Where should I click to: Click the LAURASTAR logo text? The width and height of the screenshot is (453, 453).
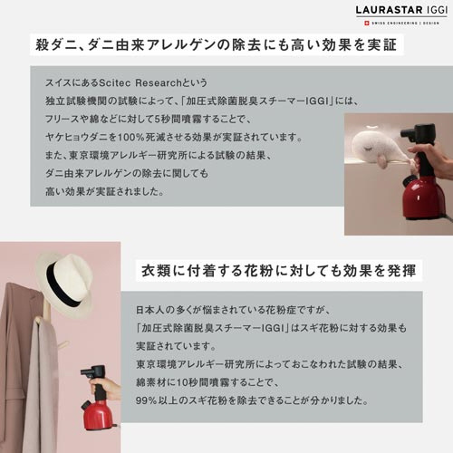tap(390, 10)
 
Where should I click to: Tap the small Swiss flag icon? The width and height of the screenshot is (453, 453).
tap(367, 23)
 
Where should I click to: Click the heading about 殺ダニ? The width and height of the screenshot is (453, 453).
tap(217, 44)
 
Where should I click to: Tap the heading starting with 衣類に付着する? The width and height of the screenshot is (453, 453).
tap(279, 270)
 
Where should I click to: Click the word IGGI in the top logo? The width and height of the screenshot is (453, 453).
tap(437, 10)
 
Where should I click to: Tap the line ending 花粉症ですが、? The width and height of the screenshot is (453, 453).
tap(234, 310)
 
